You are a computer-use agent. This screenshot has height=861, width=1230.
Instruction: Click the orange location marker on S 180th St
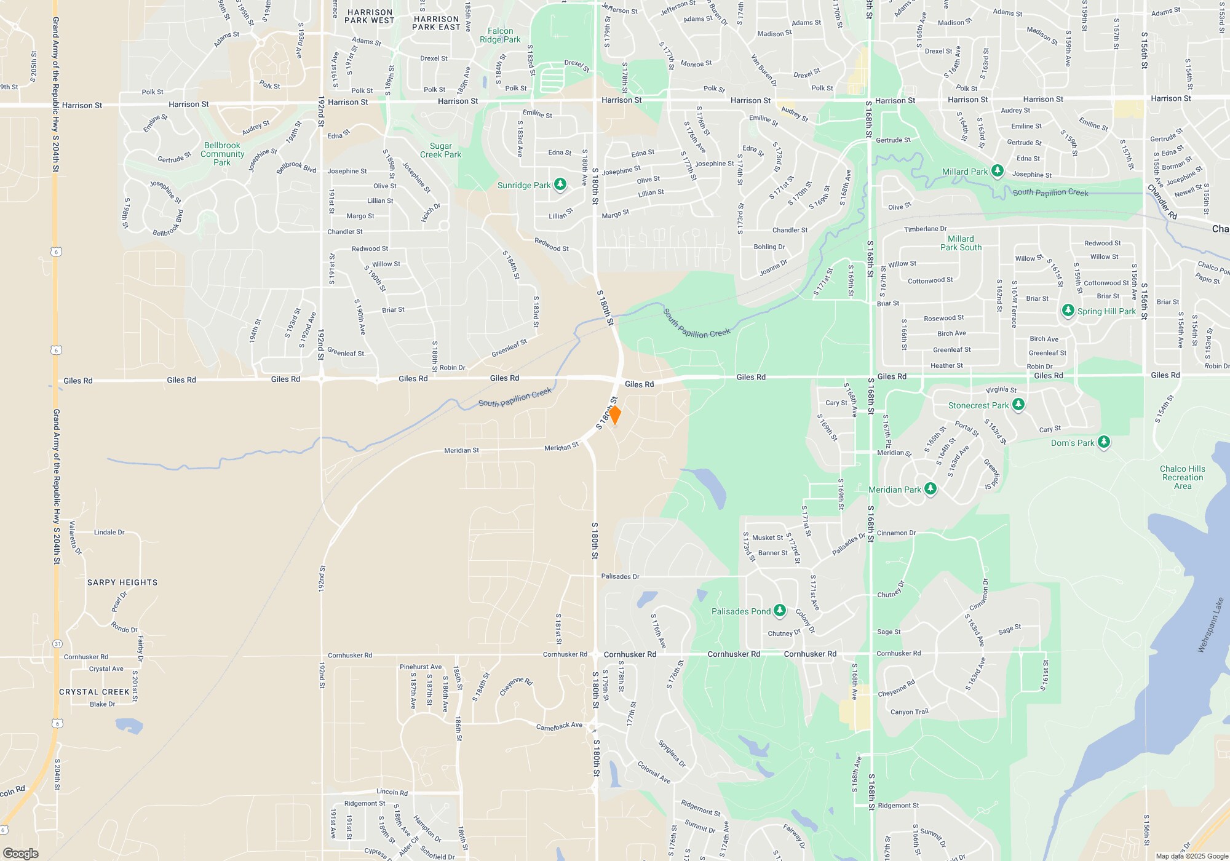pos(614,415)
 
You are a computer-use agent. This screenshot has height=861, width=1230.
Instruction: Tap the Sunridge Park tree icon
pos(560,184)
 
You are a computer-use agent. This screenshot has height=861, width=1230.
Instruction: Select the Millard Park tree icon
pos(997,171)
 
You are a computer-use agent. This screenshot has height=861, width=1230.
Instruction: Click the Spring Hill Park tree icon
pos(1068,311)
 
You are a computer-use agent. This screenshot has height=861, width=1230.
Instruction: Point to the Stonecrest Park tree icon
pos(1018,405)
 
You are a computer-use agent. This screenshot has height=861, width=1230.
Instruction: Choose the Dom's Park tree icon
pos(1104,442)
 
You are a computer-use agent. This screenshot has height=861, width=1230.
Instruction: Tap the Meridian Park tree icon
pos(930,489)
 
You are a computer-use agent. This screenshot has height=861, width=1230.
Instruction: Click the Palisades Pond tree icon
pos(780,611)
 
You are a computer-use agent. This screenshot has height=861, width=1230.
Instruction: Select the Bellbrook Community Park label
pos(222,154)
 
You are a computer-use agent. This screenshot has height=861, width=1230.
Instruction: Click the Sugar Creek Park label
pos(440,151)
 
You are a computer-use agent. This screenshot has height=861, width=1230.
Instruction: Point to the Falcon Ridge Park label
pos(500,36)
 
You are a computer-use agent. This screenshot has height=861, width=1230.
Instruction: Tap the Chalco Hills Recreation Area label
pos(1183,477)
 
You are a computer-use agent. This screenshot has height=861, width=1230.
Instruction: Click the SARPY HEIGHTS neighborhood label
pos(122,582)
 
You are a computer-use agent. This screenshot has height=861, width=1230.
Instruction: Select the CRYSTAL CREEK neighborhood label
pos(95,692)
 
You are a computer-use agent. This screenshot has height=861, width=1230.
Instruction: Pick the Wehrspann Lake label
pos(1211,625)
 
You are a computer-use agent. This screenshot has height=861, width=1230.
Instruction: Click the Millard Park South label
pos(961,243)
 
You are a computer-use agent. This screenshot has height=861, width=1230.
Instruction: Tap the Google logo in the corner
pos(21,854)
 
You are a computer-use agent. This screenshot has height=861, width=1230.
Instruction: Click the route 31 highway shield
pos(57,644)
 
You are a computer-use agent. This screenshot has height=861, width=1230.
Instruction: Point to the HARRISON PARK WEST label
pos(370,17)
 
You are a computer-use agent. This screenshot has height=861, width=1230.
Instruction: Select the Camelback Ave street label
pos(559,726)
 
